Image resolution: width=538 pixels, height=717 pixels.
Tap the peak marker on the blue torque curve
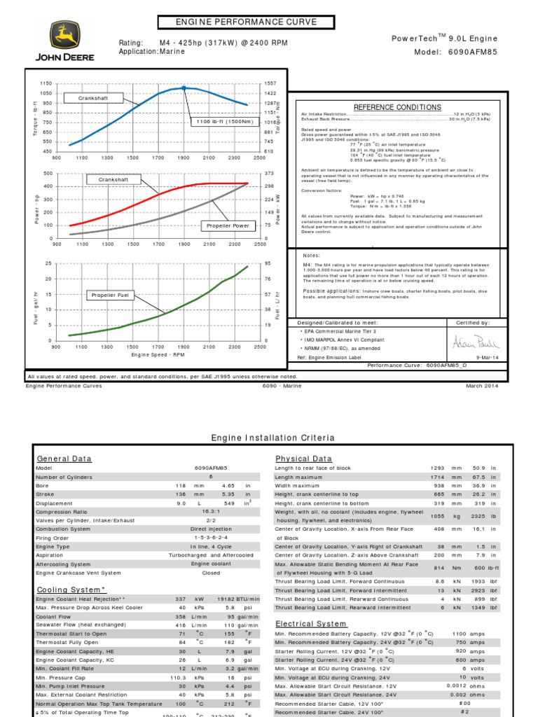point(184,88)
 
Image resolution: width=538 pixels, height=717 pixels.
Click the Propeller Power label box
point(228,225)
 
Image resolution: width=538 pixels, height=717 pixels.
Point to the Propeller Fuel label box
point(111,295)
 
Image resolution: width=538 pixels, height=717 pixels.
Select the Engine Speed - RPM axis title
point(158,355)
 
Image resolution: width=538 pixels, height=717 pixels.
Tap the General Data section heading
point(64,459)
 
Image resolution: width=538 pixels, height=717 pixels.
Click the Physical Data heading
point(303,459)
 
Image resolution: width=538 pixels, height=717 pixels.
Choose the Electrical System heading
point(310,623)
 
